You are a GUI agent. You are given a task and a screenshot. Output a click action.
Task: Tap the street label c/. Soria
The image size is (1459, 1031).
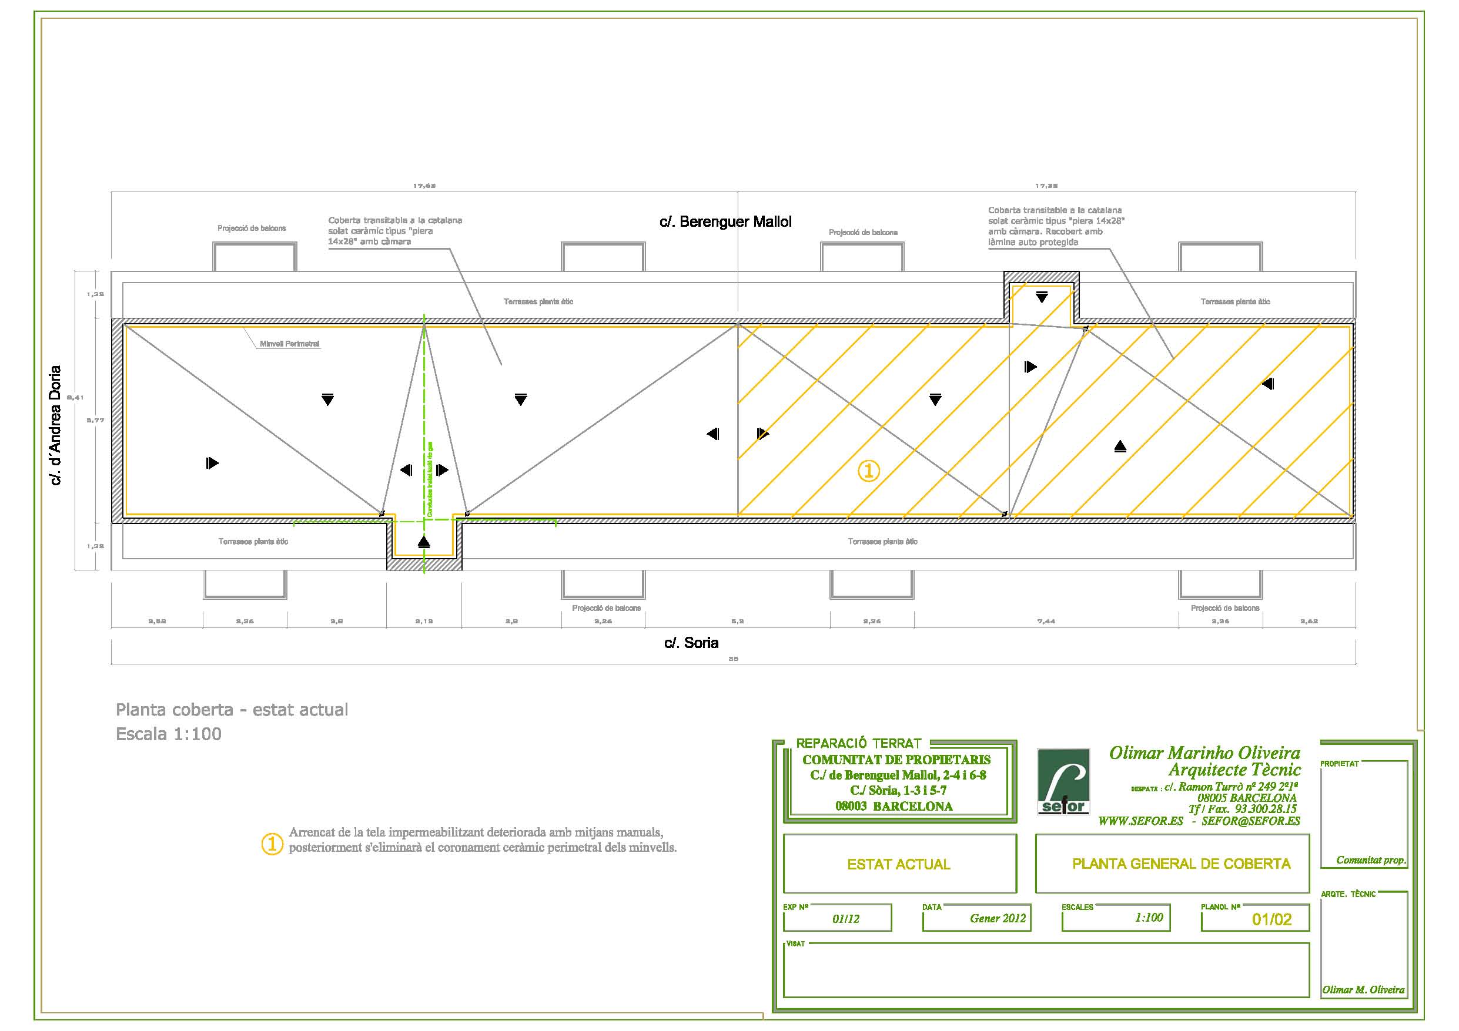pyautogui.click(x=691, y=643)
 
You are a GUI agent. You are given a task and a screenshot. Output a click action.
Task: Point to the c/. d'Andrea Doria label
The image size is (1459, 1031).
pyautogui.click(x=56, y=425)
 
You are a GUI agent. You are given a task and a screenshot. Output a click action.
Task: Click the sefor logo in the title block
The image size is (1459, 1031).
pyautogui.click(x=1063, y=781)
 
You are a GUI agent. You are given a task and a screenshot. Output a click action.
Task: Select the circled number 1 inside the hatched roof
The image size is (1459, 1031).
pyautogui.click(x=869, y=471)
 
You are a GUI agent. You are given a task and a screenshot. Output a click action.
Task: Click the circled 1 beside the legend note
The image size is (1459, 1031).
pyautogui.click(x=272, y=844)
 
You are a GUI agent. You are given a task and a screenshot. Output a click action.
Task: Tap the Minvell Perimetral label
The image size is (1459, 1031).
pyautogui.click(x=289, y=344)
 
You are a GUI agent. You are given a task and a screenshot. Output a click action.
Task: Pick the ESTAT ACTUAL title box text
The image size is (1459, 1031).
pyautogui.click(x=899, y=864)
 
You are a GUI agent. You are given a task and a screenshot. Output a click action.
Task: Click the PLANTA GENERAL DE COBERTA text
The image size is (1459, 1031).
pyautogui.click(x=1181, y=864)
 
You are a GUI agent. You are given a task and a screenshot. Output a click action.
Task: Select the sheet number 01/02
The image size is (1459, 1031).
pyautogui.click(x=1271, y=919)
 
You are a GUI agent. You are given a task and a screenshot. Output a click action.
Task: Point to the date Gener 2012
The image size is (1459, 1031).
pyautogui.click(x=998, y=918)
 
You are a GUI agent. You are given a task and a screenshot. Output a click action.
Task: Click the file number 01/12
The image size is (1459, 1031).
pyautogui.click(x=846, y=919)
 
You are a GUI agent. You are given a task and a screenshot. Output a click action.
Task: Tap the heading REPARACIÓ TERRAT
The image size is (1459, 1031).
pyautogui.click(x=858, y=743)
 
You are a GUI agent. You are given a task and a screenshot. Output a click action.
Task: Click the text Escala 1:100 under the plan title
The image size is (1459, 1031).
pyautogui.click(x=168, y=734)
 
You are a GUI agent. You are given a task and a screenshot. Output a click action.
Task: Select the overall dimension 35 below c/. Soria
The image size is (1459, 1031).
pyautogui.click(x=733, y=659)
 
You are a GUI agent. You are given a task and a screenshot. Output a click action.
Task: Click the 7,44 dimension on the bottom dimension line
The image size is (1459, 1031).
pyautogui.click(x=1046, y=622)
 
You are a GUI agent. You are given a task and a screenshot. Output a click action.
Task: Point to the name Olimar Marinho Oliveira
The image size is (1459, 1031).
pyautogui.click(x=1204, y=753)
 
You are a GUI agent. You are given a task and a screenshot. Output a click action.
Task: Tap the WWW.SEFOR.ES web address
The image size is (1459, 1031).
pyautogui.click(x=1140, y=821)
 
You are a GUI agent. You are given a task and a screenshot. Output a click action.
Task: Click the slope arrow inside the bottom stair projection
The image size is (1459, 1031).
pyautogui.click(x=424, y=542)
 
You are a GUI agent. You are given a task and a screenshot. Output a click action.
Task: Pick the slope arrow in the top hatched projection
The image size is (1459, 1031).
pyautogui.click(x=1042, y=297)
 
